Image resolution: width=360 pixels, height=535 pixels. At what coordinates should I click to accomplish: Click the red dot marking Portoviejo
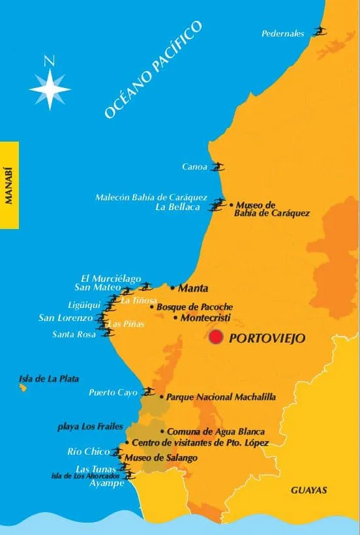click(216, 337)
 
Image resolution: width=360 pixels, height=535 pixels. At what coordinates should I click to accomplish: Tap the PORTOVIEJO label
click(267, 339)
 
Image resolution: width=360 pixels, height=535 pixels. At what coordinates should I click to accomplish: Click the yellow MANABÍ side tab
click(9, 185)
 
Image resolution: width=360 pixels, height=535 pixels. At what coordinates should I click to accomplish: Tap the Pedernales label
click(283, 34)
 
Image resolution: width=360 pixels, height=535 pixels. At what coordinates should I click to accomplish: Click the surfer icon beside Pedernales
click(319, 31)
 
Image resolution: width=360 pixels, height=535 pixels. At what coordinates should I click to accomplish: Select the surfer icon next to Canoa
click(218, 167)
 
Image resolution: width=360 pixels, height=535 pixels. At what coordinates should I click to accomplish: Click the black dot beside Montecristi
click(175, 318)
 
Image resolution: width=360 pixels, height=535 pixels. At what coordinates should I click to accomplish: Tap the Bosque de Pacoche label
click(194, 307)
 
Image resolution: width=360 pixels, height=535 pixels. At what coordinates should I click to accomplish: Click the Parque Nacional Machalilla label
click(221, 397)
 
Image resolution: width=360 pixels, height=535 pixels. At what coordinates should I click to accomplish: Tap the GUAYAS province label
click(308, 490)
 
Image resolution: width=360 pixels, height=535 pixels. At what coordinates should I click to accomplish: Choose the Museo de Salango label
click(160, 458)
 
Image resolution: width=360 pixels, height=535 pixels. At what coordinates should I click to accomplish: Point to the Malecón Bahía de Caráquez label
click(151, 197)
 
